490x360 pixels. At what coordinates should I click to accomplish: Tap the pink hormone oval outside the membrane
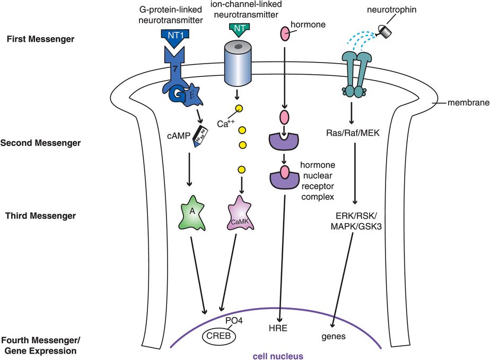pyautogui.click(x=285, y=35)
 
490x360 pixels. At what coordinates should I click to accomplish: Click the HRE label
pyautogui.click(x=278, y=329)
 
